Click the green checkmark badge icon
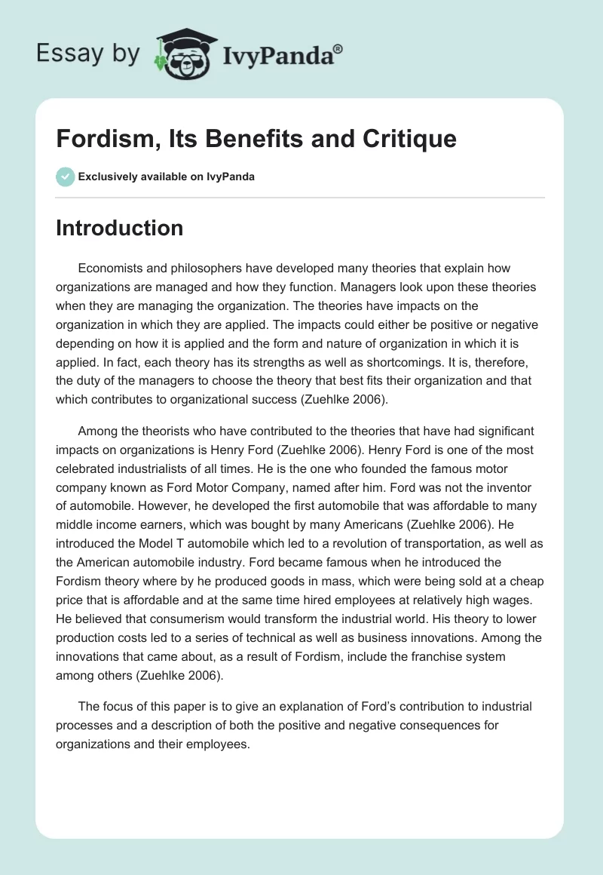(x=65, y=177)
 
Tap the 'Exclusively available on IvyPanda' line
(x=166, y=177)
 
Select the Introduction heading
(x=119, y=228)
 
